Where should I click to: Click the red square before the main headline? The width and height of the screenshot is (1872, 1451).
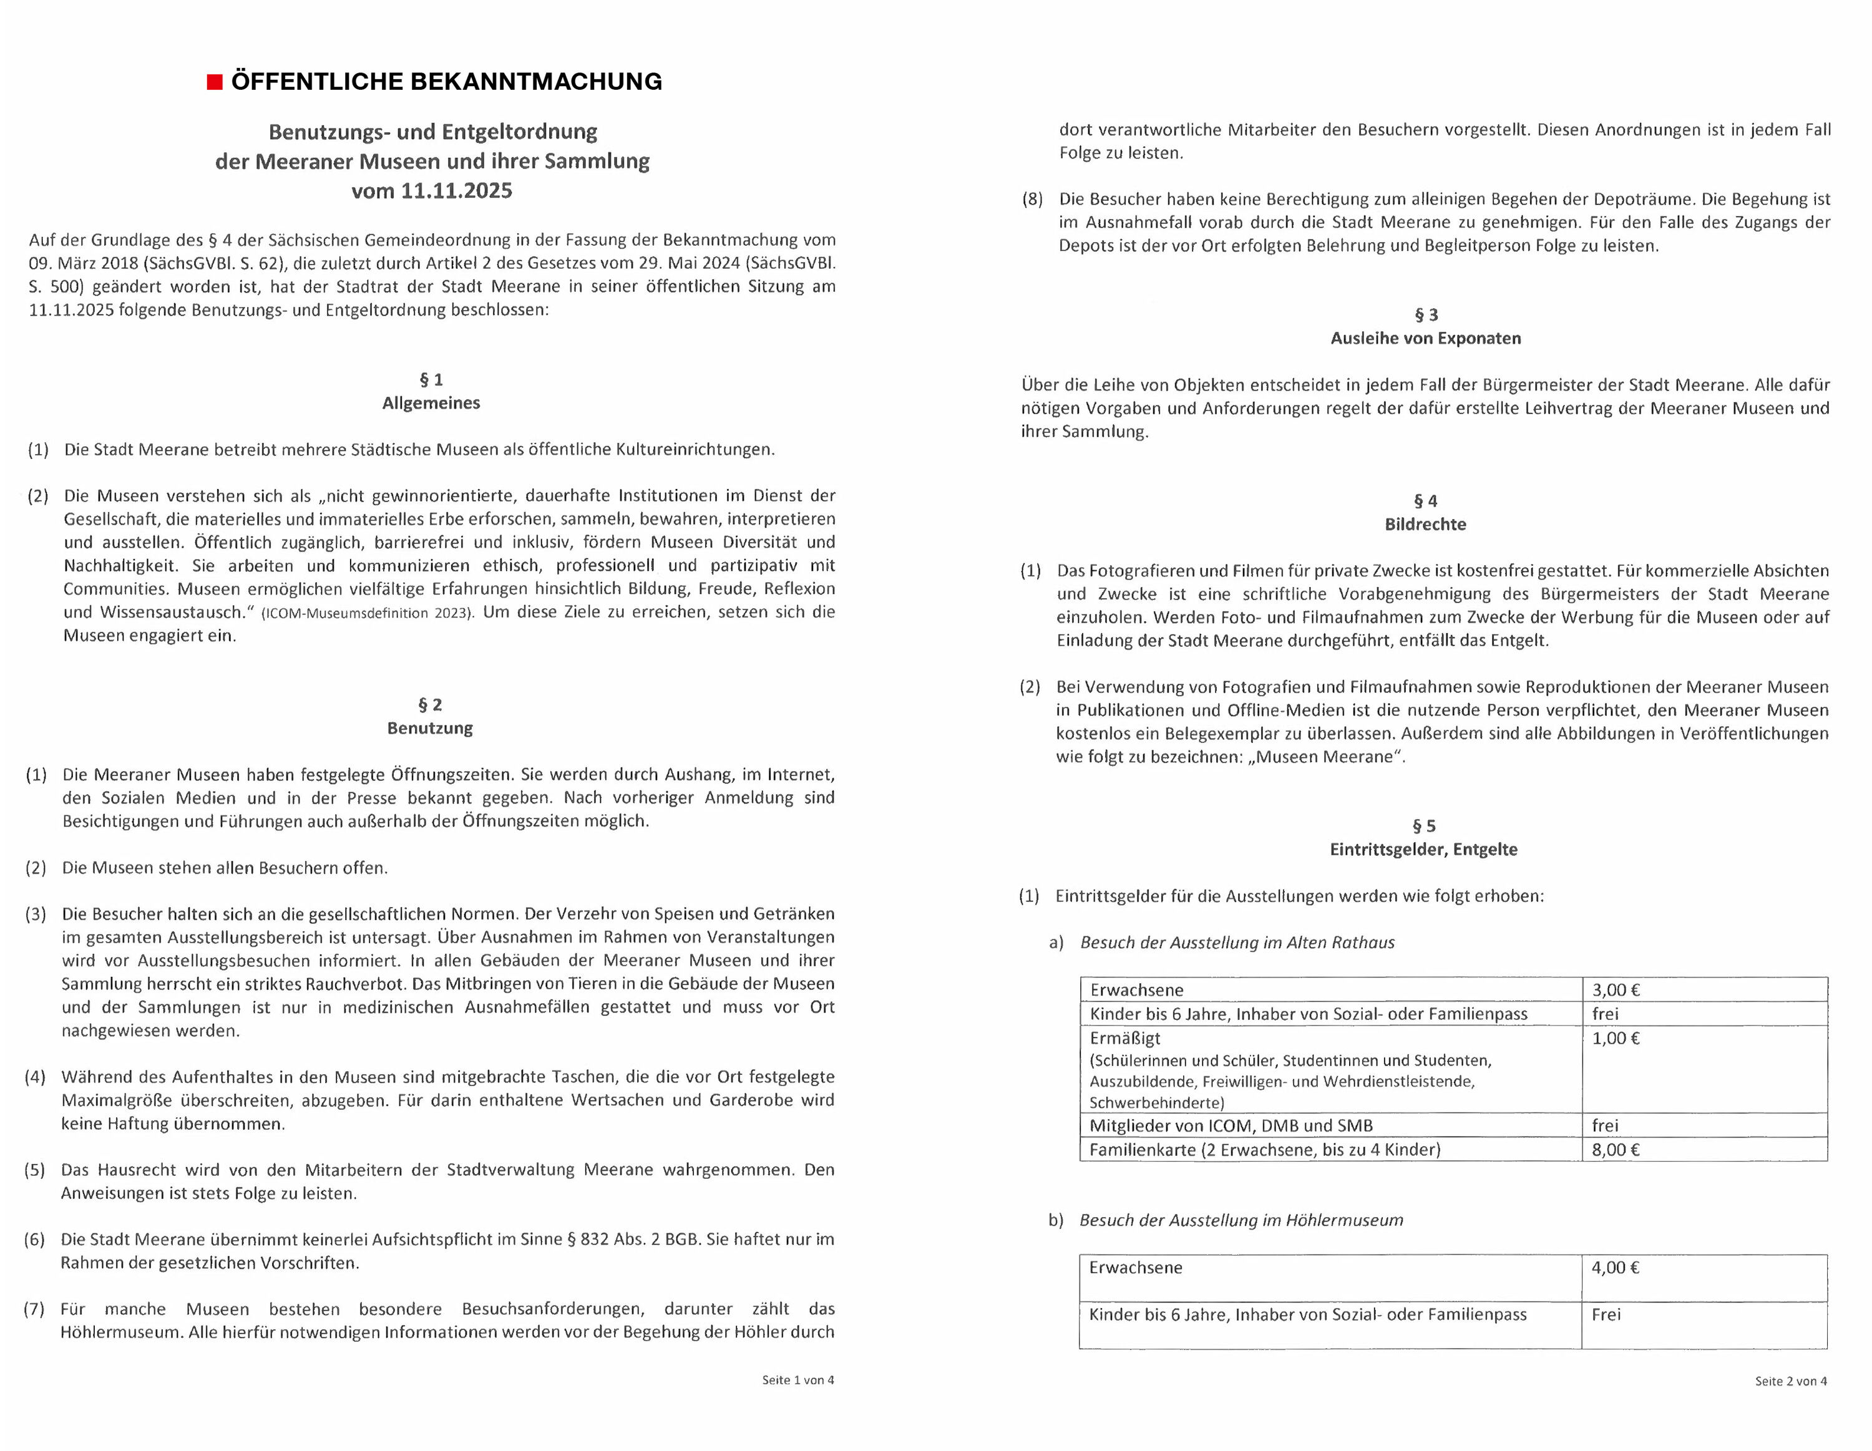[x=214, y=82]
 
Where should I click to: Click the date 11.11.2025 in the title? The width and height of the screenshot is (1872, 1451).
[x=456, y=190]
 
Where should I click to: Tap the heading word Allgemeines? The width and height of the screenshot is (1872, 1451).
[x=431, y=403]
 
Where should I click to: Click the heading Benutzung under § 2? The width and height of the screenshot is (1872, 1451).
[x=431, y=727]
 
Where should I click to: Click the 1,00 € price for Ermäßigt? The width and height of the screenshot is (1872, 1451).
[x=1616, y=1038]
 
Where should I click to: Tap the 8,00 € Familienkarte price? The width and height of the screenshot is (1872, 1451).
[x=1616, y=1149]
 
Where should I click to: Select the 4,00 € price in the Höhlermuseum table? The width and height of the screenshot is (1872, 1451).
[x=1616, y=1268]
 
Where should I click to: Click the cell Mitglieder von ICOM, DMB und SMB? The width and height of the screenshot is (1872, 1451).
[x=1231, y=1125]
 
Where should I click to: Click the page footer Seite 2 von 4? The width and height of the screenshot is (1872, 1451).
[x=1791, y=1381]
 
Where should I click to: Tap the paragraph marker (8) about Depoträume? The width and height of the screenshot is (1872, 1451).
[x=1032, y=200]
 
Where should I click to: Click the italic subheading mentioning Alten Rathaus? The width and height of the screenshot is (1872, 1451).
[x=1237, y=943]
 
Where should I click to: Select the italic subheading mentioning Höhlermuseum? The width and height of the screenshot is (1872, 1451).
[x=1241, y=1220]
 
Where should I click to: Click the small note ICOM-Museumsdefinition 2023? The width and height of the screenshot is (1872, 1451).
[x=367, y=613]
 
